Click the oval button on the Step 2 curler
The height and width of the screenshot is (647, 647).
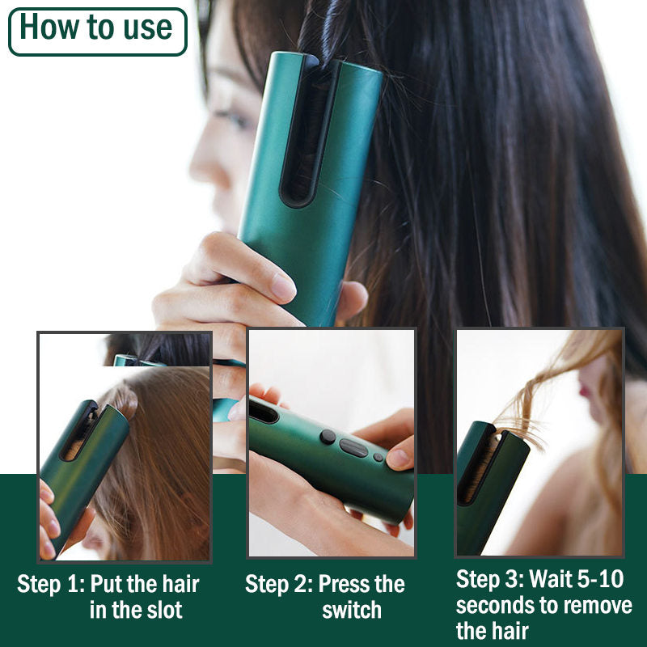pos(353,447)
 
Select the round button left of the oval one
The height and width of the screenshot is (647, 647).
pos(327,437)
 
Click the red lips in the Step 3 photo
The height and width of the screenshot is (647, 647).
pos(584,389)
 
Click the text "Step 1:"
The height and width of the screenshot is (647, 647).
pos(51,585)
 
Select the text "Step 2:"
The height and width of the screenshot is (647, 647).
pos(279,585)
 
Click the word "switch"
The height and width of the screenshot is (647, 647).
pos(352,610)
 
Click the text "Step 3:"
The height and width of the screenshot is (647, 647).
pos(490,580)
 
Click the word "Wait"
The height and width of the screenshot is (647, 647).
pos(555,580)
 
